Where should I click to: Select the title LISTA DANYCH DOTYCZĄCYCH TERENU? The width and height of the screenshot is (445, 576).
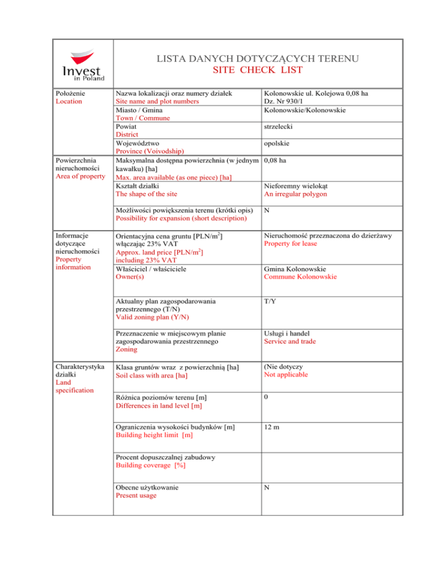pos(258,59)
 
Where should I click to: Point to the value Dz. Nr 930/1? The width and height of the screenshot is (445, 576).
pos(288,101)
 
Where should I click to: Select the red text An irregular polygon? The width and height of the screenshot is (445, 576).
pos(295,194)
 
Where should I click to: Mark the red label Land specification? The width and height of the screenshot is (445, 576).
pos(75,386)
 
